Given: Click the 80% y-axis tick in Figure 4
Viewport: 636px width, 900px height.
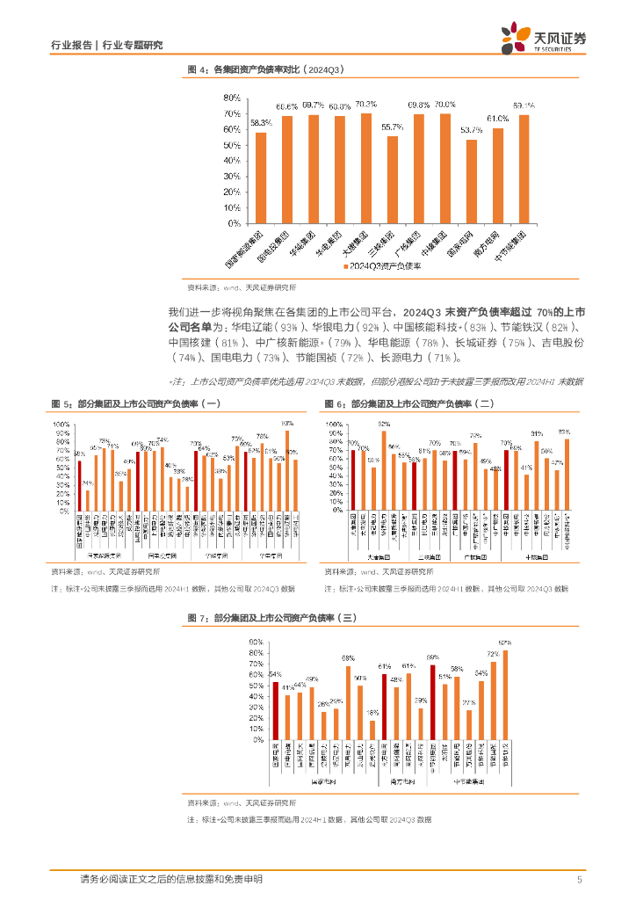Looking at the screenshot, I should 232,98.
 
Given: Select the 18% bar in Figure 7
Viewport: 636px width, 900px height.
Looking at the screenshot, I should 372,729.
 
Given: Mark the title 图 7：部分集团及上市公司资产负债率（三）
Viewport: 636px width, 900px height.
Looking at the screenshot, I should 271,619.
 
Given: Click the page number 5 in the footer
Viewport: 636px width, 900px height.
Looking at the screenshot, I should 579,880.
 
